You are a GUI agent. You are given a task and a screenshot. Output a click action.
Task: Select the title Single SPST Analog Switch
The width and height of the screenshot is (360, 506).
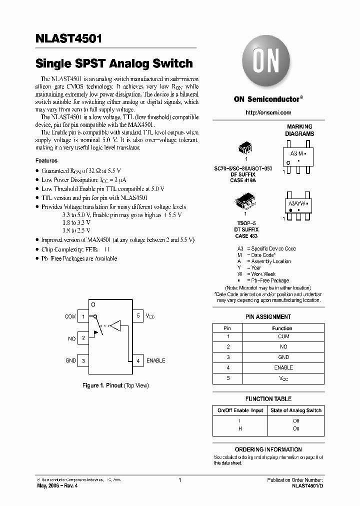pos(114,63)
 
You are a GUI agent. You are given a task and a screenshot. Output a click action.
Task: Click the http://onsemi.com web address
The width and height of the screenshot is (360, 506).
pos(268,112)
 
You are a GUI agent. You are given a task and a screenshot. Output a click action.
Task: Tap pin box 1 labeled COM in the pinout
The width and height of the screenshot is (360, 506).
pos(83,316)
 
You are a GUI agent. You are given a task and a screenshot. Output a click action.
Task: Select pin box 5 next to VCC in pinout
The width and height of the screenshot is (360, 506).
pos(138,316)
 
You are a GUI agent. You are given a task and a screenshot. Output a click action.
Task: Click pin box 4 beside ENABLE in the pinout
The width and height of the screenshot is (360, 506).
pos(138,360)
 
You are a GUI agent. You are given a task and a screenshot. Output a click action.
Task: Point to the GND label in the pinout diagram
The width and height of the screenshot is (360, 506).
pos(70,360)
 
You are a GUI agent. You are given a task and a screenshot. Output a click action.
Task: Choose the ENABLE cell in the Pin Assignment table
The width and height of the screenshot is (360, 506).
pos(283,367)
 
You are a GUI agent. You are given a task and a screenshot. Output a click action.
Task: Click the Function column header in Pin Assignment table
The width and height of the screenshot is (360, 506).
pos(282,328)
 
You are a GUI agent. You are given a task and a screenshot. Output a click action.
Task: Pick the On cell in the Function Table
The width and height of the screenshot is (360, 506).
pos(296,428)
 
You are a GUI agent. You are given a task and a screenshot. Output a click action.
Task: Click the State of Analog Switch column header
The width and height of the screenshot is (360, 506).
pos(296,410)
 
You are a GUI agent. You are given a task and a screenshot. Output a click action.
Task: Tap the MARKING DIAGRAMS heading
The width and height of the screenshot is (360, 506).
pos(300,130)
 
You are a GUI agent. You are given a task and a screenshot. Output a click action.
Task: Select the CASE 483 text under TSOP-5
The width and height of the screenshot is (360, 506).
pos(246,235)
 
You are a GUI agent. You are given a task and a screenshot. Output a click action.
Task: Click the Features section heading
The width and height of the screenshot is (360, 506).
pos(46,161)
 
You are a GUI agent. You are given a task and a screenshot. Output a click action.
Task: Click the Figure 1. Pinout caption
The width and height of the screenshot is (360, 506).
pos(115,385)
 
